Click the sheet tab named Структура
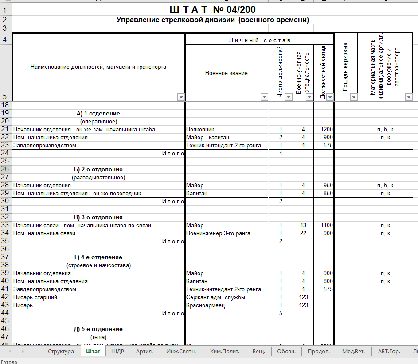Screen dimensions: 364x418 (61, 352)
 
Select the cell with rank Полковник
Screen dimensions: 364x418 (200, 129)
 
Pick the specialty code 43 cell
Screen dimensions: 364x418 (303, 225)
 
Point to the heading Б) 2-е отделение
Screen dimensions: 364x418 (98, 169)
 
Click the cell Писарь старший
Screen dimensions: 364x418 (35, 297)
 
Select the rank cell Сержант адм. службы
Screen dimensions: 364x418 (215, 297)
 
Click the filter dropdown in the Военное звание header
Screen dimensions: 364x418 (264, 97)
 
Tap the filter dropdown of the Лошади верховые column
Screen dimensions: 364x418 (353, 97)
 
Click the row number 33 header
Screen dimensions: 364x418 (6, 225)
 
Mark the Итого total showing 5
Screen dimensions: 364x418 (281, 313)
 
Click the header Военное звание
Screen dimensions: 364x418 (226, 73)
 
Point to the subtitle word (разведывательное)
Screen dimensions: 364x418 (98, 177)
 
